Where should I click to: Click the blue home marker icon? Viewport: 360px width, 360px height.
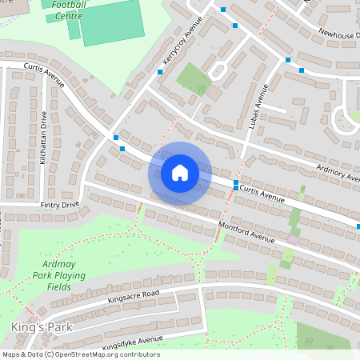tap(179, 173)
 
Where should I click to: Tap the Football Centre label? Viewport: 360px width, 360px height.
tap(69, 10)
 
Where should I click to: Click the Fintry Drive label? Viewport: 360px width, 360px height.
tap(60, 206)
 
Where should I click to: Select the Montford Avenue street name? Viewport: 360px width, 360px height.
tap(246, 233)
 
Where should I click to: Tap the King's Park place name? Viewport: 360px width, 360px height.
tap(42, 327)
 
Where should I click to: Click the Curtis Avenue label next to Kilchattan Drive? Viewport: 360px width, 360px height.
tap(44, 75)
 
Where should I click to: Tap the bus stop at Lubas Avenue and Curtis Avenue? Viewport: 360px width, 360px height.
tap(235, 184)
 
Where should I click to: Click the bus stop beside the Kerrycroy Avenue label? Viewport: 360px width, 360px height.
tap(160, 72)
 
